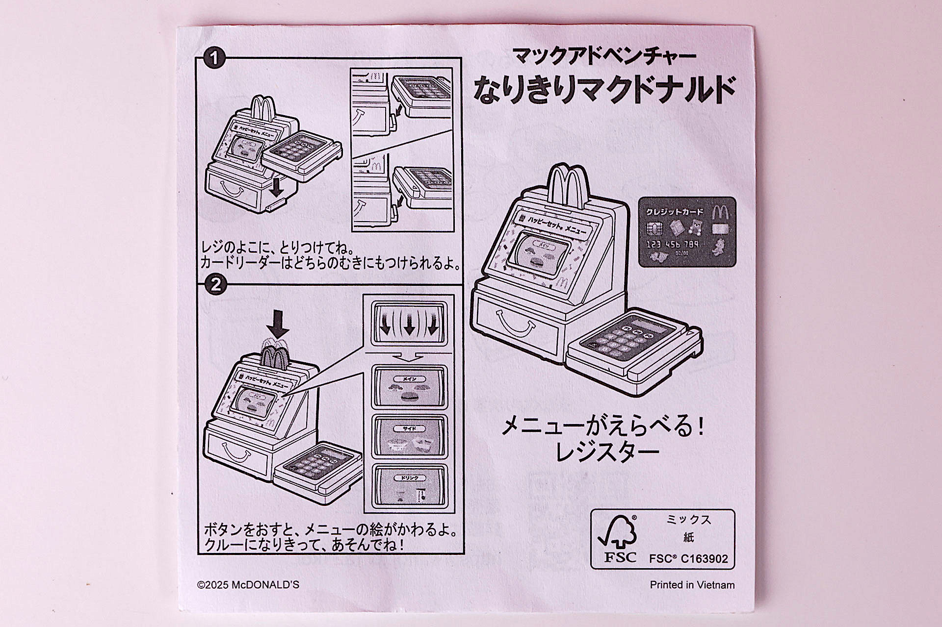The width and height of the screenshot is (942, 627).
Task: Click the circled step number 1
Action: tap(214, 59)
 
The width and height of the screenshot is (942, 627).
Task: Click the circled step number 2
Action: tap(215, 285)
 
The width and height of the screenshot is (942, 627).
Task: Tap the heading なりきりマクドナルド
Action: tap(604, 89)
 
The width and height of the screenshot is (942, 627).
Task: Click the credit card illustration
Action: tap(687, 232)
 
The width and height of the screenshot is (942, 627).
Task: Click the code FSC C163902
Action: tap(688, 559)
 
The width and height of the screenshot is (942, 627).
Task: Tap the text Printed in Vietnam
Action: tap(692, 585)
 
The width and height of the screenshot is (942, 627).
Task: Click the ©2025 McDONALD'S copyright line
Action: tap(248, 585)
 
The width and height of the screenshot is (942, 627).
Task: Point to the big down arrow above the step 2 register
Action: tap(281, 324)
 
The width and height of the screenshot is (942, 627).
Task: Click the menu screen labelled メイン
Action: tap(409, 387)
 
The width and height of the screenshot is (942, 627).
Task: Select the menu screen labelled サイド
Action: tap(409, 437)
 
